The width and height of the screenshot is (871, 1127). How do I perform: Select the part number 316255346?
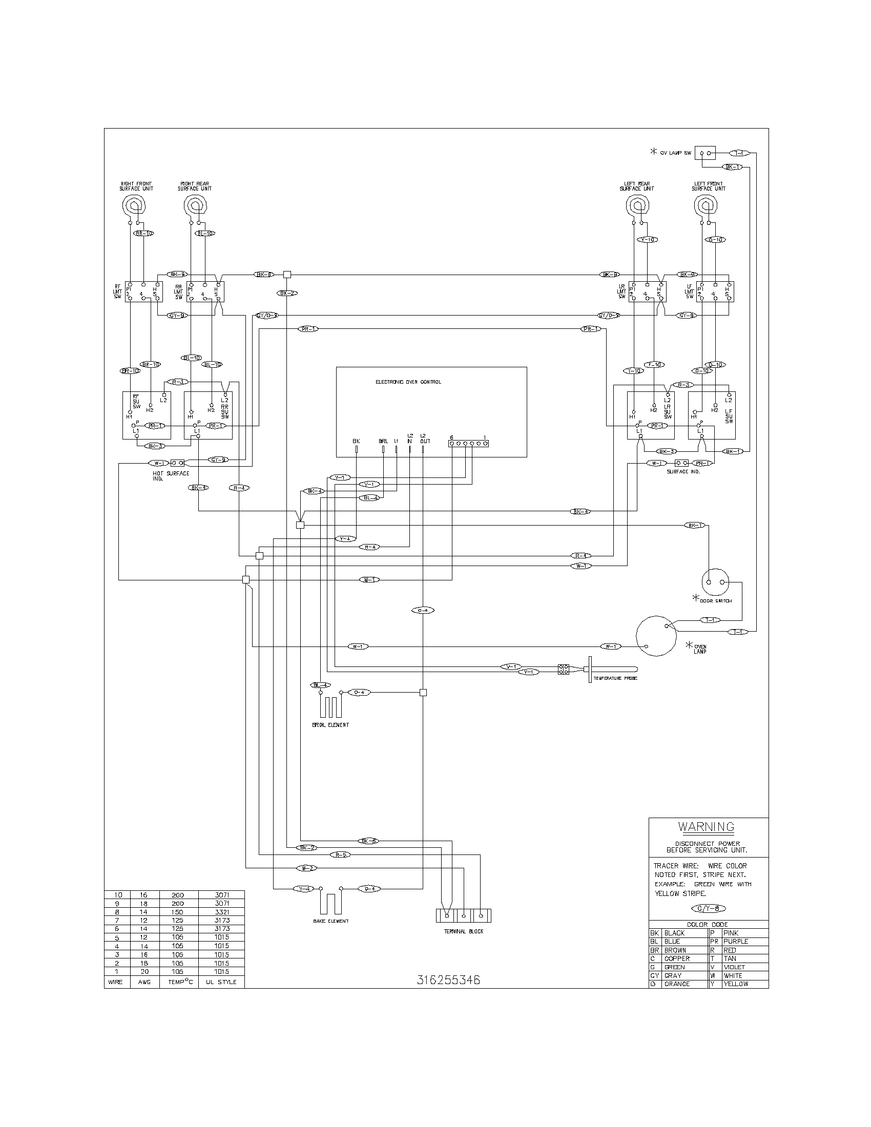448,980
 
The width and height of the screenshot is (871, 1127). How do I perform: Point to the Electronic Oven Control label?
408,382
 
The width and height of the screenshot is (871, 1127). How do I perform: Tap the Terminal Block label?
463,931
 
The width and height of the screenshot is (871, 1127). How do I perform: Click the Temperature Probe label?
615,678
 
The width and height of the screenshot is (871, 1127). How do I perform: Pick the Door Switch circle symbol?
715,582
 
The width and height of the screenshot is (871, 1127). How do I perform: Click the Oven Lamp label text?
700,649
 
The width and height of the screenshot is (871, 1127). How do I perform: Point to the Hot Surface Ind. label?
171,475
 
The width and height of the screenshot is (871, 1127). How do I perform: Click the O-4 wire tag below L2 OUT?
423,611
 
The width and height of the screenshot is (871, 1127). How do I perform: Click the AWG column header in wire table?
144,982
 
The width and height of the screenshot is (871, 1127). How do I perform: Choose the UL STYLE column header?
221,982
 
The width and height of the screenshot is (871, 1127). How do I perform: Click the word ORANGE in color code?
677,984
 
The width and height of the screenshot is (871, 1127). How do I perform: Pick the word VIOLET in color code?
734,967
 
